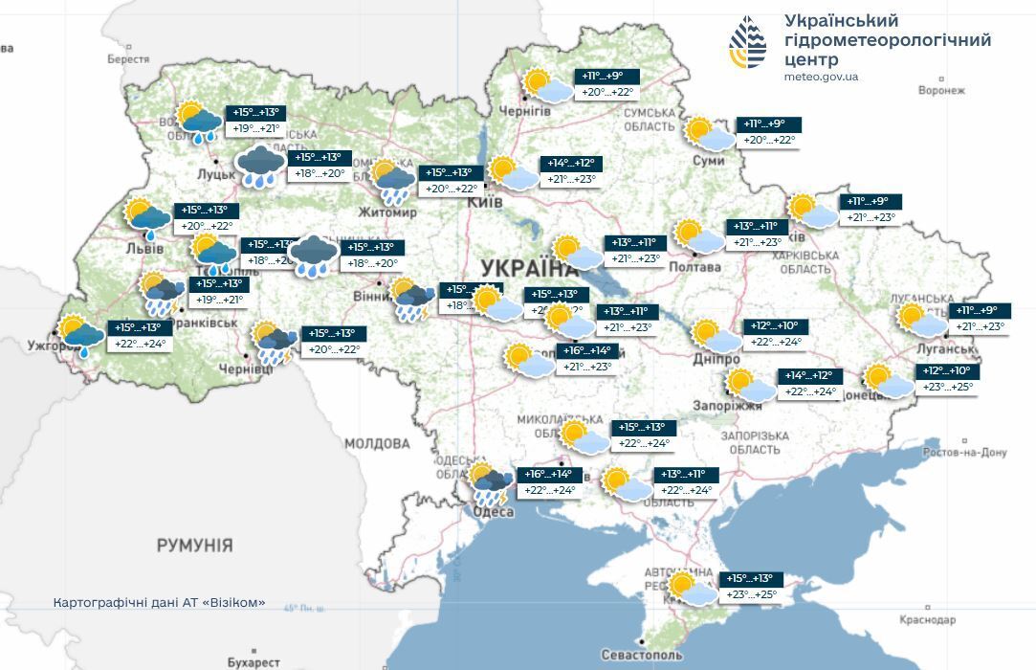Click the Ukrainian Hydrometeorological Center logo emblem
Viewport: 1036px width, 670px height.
point(747,44)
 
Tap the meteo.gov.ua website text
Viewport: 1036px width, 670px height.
point(821,77)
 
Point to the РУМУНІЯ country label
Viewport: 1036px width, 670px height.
point(194,546)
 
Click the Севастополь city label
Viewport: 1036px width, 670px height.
point(642,656)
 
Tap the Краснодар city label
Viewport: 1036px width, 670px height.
point(927,620)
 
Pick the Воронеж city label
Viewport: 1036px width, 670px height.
point(941,91)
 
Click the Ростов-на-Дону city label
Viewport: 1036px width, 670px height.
point(964,453)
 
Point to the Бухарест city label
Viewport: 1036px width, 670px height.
point(253,662)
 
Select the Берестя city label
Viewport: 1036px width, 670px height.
point(128,59)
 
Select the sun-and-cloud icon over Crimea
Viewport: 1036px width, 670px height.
point(692,589)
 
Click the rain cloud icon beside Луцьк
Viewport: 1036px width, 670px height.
point(260,166)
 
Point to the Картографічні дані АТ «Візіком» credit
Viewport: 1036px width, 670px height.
point(159,604)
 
